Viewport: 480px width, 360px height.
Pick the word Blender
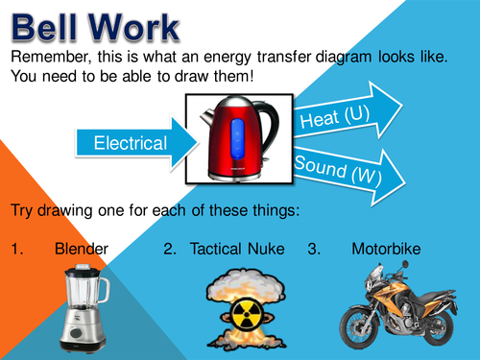(x=82, y=250)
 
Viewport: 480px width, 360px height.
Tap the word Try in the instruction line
(x=22, y=209)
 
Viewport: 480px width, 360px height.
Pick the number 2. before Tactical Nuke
(x=169, y=250)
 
